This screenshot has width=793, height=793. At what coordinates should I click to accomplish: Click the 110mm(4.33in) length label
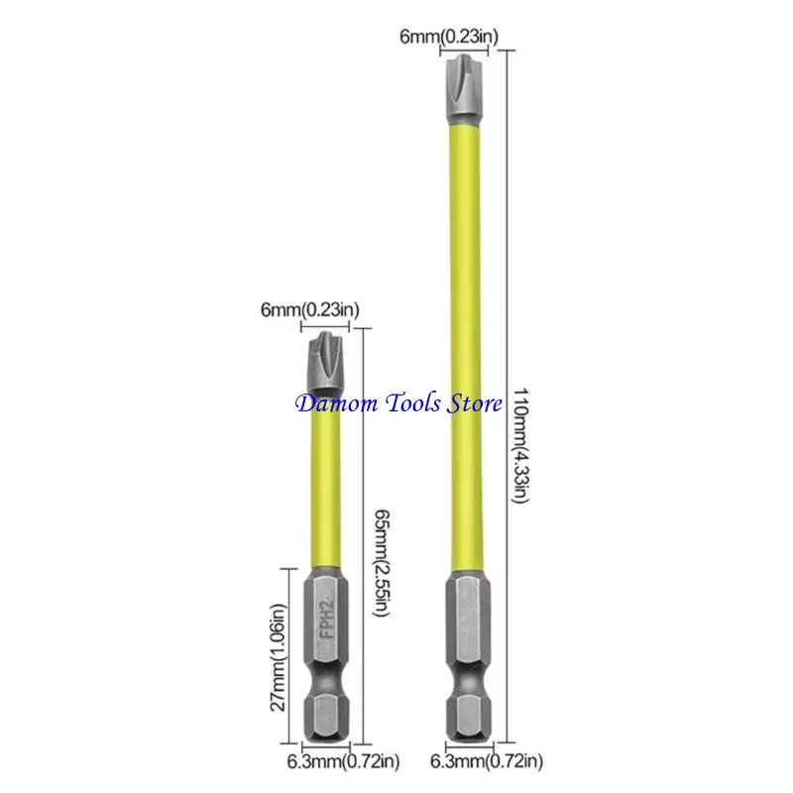pos(521,445)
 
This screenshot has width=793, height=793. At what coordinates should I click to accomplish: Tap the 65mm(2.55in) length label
pos(382,563)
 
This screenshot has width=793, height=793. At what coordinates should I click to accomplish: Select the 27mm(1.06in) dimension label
pos(278,657)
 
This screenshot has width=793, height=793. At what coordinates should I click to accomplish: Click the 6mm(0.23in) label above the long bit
pos(449,37)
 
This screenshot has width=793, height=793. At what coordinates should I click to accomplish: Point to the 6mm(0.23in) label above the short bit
pos(309,309)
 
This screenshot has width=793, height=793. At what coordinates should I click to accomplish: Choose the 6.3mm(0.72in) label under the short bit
pos(343,761)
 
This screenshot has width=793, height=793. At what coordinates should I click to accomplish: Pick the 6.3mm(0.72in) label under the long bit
pos(487,760)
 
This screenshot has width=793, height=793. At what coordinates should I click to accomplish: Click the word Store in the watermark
pos(474,403)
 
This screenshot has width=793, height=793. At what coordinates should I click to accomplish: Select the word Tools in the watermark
pos(412,403)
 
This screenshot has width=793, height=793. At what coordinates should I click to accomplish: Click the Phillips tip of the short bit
pos(325,363)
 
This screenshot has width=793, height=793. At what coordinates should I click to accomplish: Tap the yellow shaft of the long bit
pos(465,349)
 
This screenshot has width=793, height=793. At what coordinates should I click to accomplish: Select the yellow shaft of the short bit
pos(325,481)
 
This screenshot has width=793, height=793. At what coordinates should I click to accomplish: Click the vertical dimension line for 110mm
pos(507,396)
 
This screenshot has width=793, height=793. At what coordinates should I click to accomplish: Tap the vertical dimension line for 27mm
pos(288,656)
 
